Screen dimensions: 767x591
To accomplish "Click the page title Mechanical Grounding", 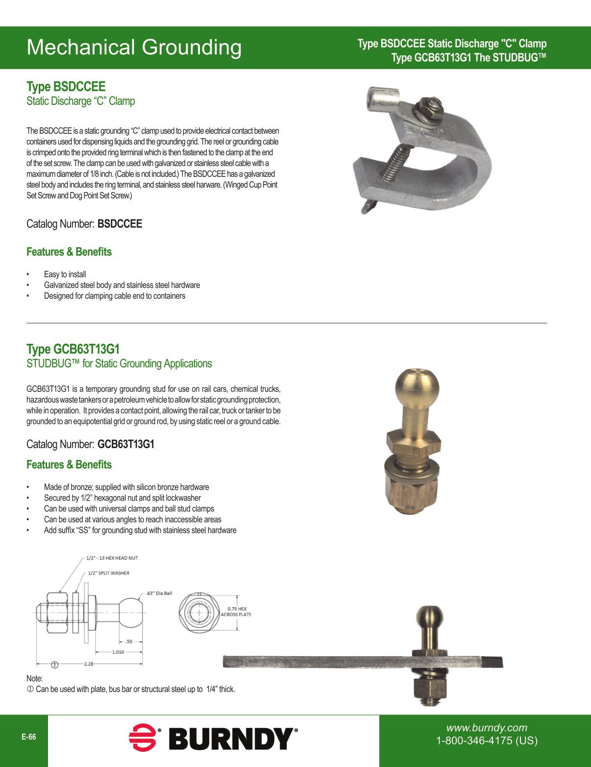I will pos(134,48).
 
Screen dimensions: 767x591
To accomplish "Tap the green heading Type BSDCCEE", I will pos(66,87).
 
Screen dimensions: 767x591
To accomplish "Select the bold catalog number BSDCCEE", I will pos(120,224).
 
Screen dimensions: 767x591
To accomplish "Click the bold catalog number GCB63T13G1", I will pos(126,444).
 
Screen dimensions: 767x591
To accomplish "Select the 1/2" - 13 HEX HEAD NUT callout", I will pos(112,558).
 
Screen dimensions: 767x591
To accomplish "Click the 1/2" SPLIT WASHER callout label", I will pos(108,573).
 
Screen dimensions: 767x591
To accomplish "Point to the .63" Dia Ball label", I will pos(159,593).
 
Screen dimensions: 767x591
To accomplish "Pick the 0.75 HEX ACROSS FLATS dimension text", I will pos(236,612).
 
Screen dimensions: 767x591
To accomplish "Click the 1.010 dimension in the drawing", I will pos(118,652).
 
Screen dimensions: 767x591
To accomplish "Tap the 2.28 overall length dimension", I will pos(89,664).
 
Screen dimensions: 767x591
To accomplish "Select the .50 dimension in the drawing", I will pos(129,641).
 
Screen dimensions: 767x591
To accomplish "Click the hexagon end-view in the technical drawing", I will pos(199,612).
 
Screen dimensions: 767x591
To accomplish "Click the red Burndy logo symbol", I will pos(143,738).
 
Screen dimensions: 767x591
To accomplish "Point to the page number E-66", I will pos(28,737).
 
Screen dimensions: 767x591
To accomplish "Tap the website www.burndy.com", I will pos(486,728).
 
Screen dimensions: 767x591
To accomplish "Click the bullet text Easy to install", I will pos(65,274).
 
